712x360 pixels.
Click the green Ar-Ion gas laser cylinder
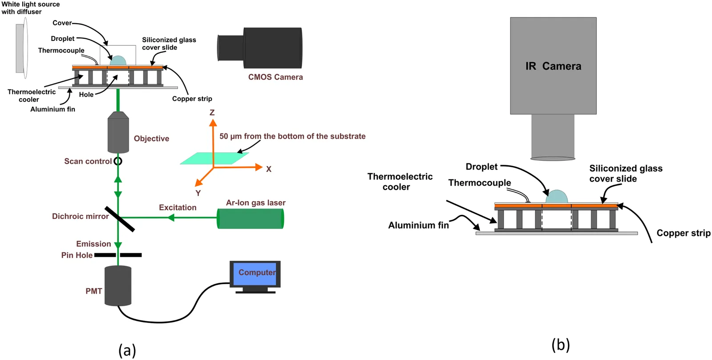(251, 218)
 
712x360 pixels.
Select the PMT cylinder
(118, 286)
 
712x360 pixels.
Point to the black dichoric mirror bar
(120, 219)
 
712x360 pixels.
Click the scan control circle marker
(118, 161)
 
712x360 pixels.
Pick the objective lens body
(118, 133)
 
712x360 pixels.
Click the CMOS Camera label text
(275, 77)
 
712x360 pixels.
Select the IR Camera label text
(553, 66)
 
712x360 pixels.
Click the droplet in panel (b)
(557, 197)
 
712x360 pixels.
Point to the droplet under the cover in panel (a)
(118, 61)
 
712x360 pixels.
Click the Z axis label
(212, 113)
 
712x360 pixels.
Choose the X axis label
(269, 169)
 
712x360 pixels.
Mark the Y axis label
(198, 193)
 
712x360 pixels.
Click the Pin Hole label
(77, 255)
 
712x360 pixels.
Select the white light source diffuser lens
(25, 48)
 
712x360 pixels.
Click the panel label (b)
(560, 345)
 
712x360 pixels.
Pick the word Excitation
(178, 207)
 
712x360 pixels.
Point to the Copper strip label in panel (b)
(683, 233)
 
